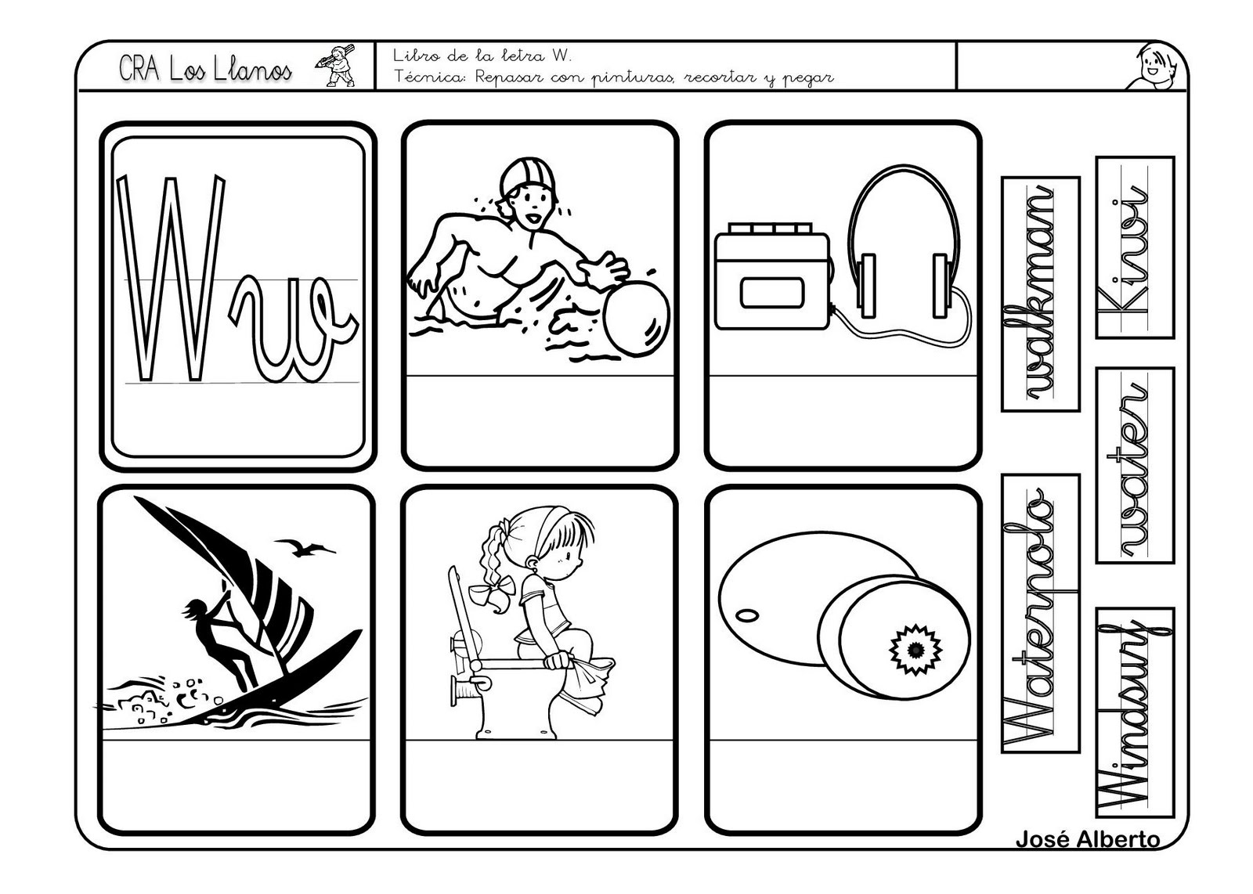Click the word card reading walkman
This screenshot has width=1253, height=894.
(1041, 294)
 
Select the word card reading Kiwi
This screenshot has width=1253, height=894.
(1135, 247)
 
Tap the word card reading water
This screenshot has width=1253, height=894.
(1135, 465)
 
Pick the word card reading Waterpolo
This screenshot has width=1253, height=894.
(1041, 613)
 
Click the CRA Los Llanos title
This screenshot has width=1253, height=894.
(205, 70)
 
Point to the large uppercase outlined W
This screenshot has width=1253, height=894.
(172, 278)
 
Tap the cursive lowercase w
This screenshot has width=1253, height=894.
(293, 330)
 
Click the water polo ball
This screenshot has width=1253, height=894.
(637, 318)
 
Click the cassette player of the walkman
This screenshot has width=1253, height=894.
(773, 276)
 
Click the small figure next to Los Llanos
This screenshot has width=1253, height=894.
(337, 64)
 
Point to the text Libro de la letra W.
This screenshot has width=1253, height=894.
(482, 56)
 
